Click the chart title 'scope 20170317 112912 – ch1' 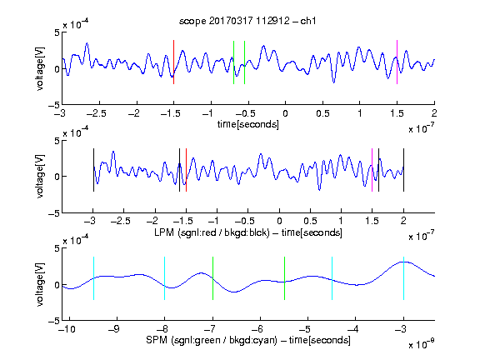(247, 21)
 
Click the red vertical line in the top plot (173, 62)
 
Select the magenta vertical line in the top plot (397, 62)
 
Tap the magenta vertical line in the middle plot (372, 170)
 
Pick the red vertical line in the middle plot (186, 170)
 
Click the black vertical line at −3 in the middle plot (93, 170)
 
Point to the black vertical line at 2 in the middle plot (404, 170)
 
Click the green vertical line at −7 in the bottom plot (212, 278)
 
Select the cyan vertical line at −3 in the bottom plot (404, 278)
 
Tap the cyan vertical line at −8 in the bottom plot (165, 278)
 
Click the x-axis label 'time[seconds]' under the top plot (248, 124)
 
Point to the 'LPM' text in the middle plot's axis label (164, 232)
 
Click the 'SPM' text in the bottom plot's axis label (157, 340)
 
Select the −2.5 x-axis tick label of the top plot (96, 113)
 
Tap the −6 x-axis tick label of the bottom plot (257, 329)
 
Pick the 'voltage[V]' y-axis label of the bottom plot (40, 285)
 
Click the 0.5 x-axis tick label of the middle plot (310, 221)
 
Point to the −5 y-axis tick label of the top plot (54, 105)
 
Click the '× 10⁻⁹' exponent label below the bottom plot (421, 344)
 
